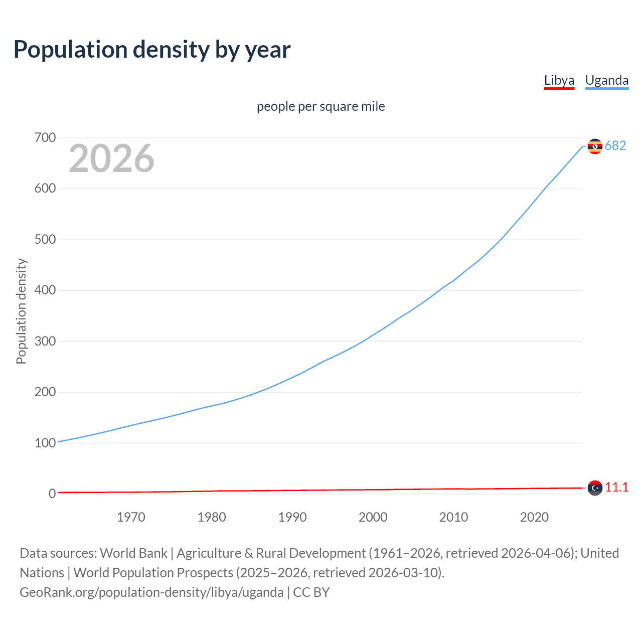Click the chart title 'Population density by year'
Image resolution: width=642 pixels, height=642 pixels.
tap(152, 50)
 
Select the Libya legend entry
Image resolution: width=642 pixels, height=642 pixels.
tap(559, 80)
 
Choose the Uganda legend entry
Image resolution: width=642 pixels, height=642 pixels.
tap(606, 80)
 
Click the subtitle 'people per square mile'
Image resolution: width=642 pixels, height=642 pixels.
tap(320, 106)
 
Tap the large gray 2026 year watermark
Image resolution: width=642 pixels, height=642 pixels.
tap(111, 158)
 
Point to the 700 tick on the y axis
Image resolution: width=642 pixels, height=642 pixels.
tap(45, 137)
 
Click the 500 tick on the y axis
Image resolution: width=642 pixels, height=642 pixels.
tap(45, 239)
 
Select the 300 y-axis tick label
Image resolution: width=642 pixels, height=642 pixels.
tap(45, 341)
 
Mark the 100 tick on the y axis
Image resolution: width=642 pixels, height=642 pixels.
tap(45, 443)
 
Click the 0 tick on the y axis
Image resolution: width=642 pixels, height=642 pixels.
tap(52, 494)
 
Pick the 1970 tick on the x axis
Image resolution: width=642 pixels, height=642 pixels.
tap(131, 517)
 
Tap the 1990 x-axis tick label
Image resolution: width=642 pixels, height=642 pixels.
tap(292, 517)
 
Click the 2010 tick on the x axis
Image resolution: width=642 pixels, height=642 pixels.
tap(453, 517)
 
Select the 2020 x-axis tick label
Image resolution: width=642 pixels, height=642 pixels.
tap(534, 517)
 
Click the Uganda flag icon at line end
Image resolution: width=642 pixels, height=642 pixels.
tap(595, 146)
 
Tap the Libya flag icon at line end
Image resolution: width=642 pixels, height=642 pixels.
tap(595, 488)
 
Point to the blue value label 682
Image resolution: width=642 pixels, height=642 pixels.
tap(615, 145)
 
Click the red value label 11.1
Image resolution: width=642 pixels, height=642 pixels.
tap(616, 487)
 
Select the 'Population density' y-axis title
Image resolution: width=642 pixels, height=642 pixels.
tap(21, 311)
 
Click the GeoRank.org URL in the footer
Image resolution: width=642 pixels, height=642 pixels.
tap(151, 592)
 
